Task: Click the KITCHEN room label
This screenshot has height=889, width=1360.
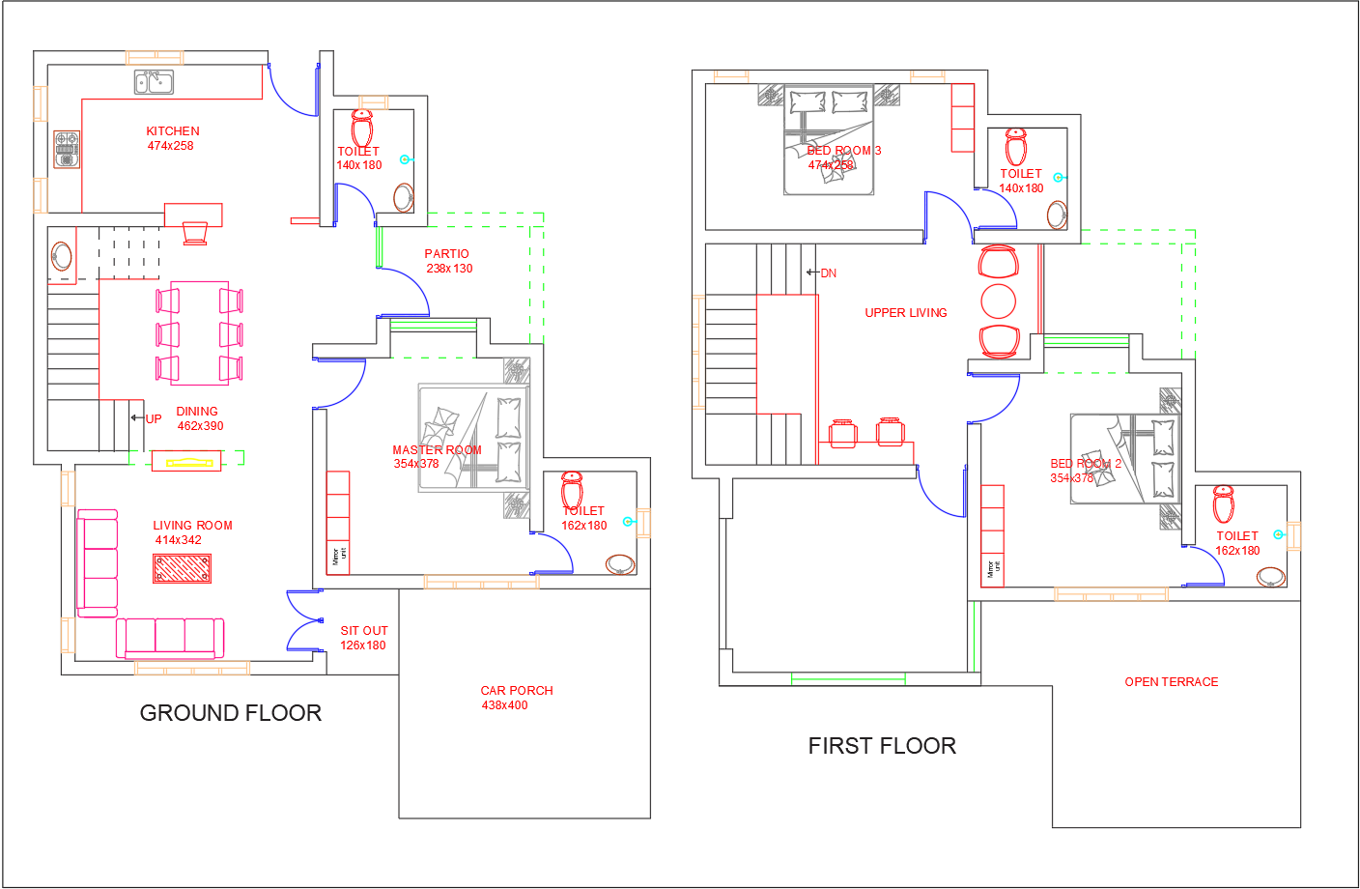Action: pyautogui.click(x=173, y=131)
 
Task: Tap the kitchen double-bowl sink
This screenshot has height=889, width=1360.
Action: pyautogui.click(x=154, y=82)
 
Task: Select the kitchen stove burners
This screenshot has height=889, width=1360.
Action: pyautogui.click(x=67, y=150)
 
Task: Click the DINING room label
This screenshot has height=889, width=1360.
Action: pyautogui.click(x=197, y=412)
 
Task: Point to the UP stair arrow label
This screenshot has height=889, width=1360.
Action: pyautogui.click(x=153, y=419)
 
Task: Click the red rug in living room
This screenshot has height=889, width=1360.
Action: pyautogui.click(x=182, y=569)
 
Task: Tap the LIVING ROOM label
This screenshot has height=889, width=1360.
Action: pyautogui.click(x=192, y=526)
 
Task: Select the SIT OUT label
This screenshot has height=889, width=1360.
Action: pyautogui.click(x=363, y=631)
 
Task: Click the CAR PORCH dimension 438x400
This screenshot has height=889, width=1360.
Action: pyautogui.click(x=504, y=705)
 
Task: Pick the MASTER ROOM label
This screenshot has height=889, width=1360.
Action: pyautogui.click(x=437, y=450)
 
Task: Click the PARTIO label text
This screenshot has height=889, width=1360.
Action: pyautogui.click(x=446, y=254)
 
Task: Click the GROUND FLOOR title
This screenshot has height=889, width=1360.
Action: pyautogui.click(x=230, y=713)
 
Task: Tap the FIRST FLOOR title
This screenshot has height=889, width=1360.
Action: pyautogui.click(x=882, y=746)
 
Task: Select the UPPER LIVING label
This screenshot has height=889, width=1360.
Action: pyautogui.click(x=905, y=313)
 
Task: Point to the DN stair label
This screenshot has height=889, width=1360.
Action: pyautogui.click(x=828, y=273)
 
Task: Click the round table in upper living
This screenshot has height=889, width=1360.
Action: pyautogui.click(x=999, y=301)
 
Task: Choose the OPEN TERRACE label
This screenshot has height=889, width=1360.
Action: pyautogui.click(x=1171, y=682)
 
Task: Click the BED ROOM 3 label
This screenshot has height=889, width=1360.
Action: pyautogui.click(x=843, y=151)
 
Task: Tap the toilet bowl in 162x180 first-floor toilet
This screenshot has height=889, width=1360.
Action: pyautogui.click(x=1224, y=503)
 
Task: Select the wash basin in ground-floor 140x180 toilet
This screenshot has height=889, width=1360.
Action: pyautogui.click(x=404, y=198)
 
